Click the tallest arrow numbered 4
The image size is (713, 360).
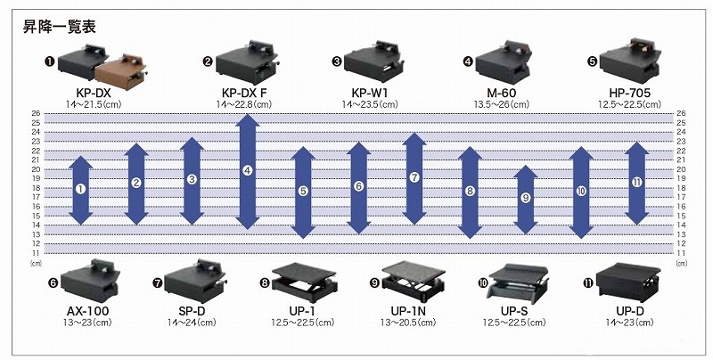pyautogui.click(x=248, y=170)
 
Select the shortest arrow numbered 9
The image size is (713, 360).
pyautogui.click(x=526, y=198)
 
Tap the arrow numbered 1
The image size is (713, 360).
pyautogui.click(x=80, y=189)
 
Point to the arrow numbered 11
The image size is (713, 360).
pyautogui.click(x=636, y=183)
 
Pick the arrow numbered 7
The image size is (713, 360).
pyautogui.click(x=414, y=178)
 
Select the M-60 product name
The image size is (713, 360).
pyautogui.click(x=496, y=93)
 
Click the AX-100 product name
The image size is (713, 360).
pyautogui.click(x=87, y=311)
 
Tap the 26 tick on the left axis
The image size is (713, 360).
pyautogui.click(x=36, y=113)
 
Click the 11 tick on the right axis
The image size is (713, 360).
pyautogui.click(x=681, y=252)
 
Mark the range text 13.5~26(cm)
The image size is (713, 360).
pyautogui.click(x=496, y=104)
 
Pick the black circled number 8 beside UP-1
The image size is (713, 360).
pyautogui.click(x=266, y=282)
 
